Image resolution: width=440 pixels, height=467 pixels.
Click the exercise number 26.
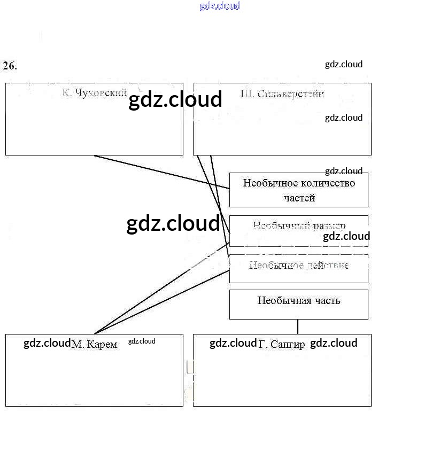pos(10,66)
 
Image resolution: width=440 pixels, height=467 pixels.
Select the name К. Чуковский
pos(94,93)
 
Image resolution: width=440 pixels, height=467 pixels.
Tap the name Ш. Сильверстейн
pos(282,94)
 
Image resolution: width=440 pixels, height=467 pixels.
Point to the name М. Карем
pos(95,345)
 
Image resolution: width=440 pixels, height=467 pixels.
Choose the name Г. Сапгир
pos(282,345)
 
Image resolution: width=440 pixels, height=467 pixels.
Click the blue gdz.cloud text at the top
pos(220,6)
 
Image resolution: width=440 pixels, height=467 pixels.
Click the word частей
pos(299,198)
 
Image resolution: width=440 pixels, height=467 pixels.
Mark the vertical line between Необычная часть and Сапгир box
pos(298,326)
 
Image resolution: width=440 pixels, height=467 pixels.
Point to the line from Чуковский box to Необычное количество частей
pos(160,172)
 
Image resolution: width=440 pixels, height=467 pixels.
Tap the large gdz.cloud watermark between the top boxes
pos(175,99)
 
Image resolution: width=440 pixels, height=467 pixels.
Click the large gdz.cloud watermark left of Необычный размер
pos(173,223)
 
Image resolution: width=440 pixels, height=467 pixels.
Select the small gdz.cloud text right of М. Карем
pos(142,341)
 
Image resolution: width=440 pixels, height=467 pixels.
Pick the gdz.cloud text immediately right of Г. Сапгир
pos(334,343)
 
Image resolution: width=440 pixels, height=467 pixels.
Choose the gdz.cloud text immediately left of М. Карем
pos(47,343)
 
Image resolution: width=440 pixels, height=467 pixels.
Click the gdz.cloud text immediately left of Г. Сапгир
pos(233,343)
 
